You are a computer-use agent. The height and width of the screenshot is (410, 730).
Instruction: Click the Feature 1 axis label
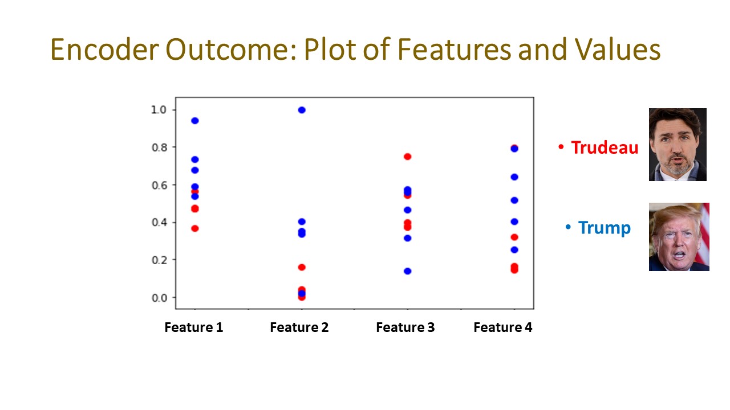pyautogui.click(x=193, y=327)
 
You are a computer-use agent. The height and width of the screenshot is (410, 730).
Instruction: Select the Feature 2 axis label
pyautogui.click(x=299, y=327)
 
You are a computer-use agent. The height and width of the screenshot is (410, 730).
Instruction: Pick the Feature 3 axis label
pyautogui.click(x=405, y=327)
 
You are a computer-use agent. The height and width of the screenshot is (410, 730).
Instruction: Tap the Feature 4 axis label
pyautogui.click(x=502, y=327)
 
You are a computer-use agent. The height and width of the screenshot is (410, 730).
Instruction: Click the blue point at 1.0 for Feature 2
pyautogui.click(x=302, y=110)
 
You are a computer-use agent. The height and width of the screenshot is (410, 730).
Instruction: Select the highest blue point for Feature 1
pyautogui.click(x=195, y=121)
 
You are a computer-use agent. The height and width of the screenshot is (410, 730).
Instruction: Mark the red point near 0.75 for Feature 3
pyautogui.click(x=408, y=157)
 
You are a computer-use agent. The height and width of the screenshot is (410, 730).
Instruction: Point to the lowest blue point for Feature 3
pyautogui.click(x=408, y=271)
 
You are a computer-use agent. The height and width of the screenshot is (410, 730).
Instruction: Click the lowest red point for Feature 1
pyautogui.click(x=195, y=228)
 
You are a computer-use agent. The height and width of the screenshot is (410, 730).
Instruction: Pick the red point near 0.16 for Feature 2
pyautogui.click(x=302, y=267)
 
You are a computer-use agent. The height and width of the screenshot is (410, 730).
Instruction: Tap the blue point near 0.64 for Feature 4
pyautogui.click(x=514, y=177)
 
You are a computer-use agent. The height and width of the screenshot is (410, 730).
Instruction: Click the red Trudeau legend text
pyautogui.click(x=604, y=147)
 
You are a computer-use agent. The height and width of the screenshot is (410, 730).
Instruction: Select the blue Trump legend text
pyautogui.click(x=604, y=228)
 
